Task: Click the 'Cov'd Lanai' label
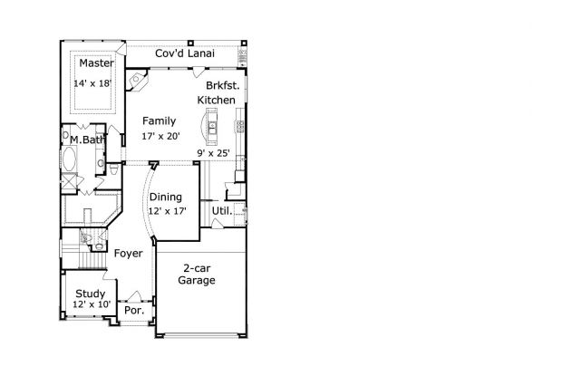click(x=184, y=53)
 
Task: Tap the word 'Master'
click(x=94, y=63)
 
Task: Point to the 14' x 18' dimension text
click(x=93, y=83)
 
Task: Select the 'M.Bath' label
click(x=88, y=140)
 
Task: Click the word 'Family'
click(x=159, y=121)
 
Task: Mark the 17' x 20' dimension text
click(x=161, y=136)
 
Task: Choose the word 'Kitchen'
click(x=217, y=100)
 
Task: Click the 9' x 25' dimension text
click(x=214, y=153)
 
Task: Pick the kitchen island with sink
click(x=212, y=126)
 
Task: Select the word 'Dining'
click(x=166, y=196)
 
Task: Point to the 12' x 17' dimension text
click(x=167, y=211)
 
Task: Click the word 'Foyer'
click(x=128, y=253)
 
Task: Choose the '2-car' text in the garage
click(x=197, y=268)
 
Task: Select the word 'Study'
click(x=90, y=294)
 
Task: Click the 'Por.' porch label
click(x=134, y=310)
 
